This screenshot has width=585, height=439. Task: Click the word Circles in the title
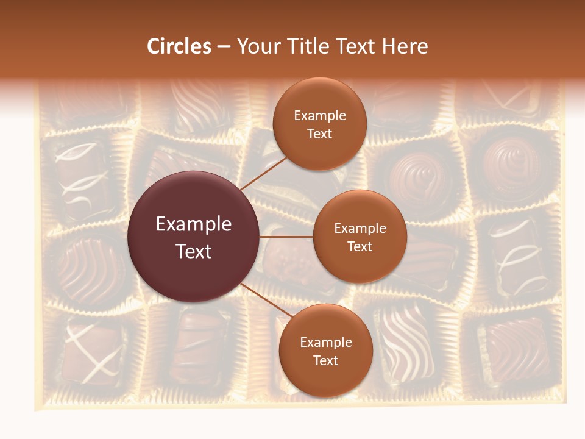click(179, 46)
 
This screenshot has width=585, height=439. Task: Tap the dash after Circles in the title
click(224, 47)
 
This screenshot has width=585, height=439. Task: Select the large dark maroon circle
click(194, 237)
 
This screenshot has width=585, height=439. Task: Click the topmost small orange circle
click(319, 124)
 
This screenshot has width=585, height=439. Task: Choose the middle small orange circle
click(360, 237)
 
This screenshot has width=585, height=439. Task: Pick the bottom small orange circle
click(325, 351)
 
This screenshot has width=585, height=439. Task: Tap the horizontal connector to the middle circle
click(286, 237)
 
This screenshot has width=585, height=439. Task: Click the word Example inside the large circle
click(194, 224)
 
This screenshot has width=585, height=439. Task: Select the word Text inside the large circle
click(194, 251)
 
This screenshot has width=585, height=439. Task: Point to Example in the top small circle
click(320, 115)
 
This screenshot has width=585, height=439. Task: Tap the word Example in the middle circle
click(360, 228)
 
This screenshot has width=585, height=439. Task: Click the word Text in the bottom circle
click(325, 360)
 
